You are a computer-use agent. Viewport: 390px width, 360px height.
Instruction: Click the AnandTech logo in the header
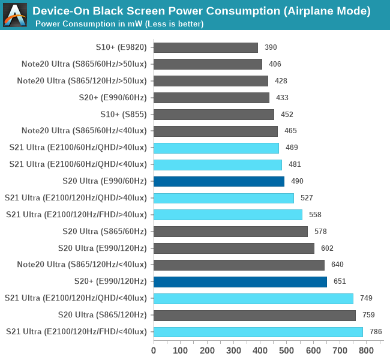pos(15,15)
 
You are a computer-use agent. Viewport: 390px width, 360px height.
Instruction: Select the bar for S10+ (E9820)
pos(206,47)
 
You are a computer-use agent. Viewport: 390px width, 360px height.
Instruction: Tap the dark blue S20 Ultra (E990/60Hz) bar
pos(219,181)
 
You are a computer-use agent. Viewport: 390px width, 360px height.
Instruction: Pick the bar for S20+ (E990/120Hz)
pos(240,281)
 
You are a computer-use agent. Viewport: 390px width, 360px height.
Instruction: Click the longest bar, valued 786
pos(258,331)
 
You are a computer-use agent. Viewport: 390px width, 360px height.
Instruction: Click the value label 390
pos(271,47)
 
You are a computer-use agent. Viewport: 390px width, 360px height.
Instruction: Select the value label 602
pos(327,248)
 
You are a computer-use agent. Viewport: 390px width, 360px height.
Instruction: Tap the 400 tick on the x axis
pos(260,350)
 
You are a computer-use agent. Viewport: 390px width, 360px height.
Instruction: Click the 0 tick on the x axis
pos(154,350)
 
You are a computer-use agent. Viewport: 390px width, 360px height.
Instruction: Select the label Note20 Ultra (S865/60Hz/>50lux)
pos(82,64)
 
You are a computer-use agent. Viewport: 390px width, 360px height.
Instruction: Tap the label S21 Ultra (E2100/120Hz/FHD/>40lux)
pos(76,214)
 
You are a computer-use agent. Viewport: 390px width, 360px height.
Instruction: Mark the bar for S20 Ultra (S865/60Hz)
pos(230,231)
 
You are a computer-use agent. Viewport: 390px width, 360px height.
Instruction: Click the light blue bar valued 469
pos(216,148)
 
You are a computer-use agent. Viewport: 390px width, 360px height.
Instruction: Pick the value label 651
pos(340,281)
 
